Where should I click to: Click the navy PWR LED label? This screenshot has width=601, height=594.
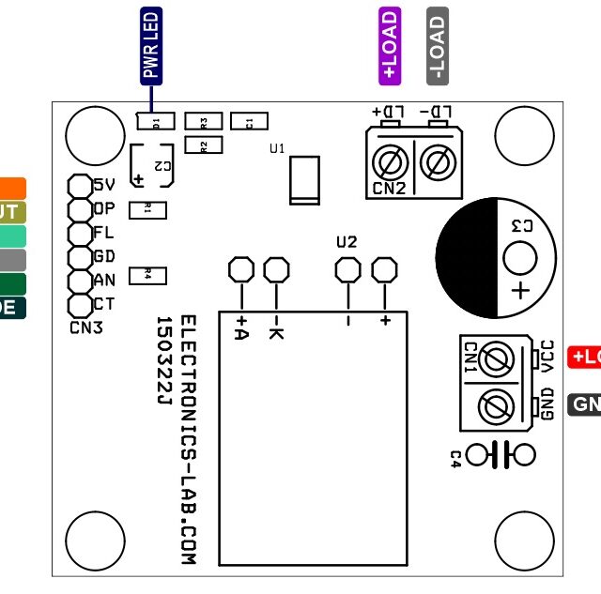click(x=151, y=46)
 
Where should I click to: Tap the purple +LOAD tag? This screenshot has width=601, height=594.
click(x=390, y=46)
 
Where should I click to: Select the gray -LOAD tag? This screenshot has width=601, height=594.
click(x=437, y=46)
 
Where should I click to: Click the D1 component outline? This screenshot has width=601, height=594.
click(x=156, y=121)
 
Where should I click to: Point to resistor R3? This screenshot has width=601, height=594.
click(x=204, y=121)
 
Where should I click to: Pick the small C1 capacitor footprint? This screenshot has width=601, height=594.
click(x=249, y=121)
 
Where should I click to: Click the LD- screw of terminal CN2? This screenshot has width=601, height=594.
click(x=436, y=163)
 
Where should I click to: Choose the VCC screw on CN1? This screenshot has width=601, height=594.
click(x=495, y=358)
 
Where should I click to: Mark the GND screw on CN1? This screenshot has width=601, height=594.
click(x=495, y=406)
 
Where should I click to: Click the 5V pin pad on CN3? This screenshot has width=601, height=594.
click(x=79, y=185)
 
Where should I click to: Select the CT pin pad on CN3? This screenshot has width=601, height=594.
click(x=79, y=304)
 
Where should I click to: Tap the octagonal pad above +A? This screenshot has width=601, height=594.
click(x=241, y=270)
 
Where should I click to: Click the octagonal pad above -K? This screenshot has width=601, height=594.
click(x=275, y=270)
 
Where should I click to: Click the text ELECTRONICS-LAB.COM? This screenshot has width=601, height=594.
click(x=187, y=439)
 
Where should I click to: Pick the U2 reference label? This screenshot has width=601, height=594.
click(x=347, y=242)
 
